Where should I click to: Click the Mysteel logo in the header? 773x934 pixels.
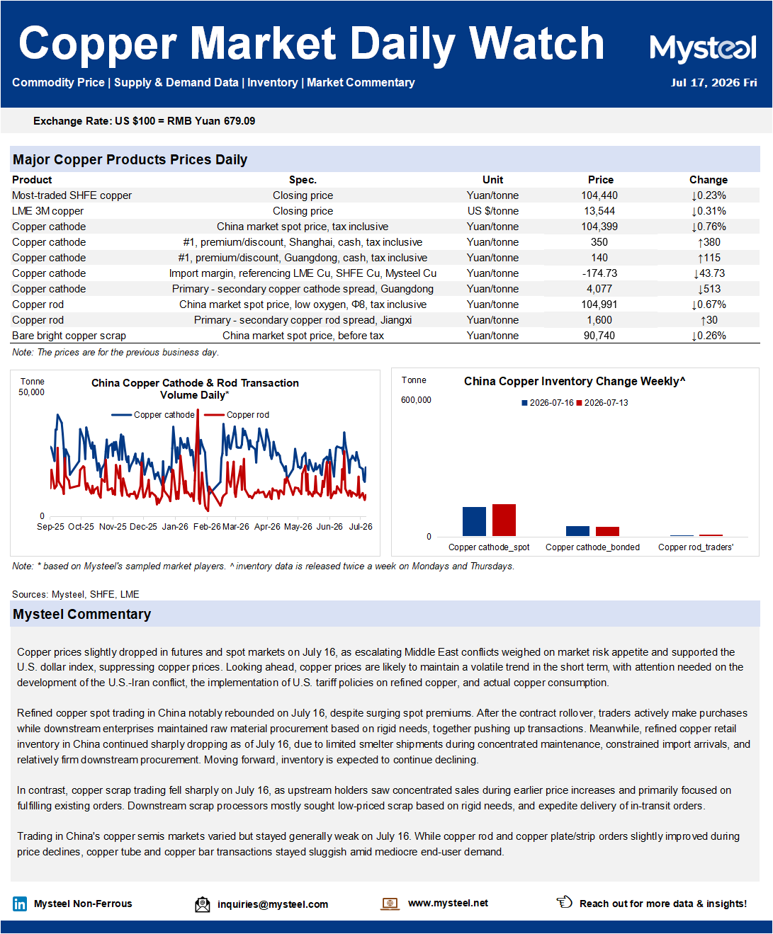pyautogui.click(x=703, y=49)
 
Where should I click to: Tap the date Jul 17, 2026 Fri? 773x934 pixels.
pyautogui.click(x=713, y=83)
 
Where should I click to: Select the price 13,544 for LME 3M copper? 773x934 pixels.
pyautogui.click(x=599, y=211)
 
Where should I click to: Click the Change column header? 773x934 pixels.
pyautogui.click(x=708, y=180)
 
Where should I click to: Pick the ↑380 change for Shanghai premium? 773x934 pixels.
pyautogui.click(x=709, y=242)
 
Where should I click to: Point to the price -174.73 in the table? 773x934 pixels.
pyautogui.click(x=599, y=273)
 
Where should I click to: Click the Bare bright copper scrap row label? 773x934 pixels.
pyautogui.click(x=69, y=336)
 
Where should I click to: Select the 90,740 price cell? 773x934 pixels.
pyautogui.click(x=599, y=336)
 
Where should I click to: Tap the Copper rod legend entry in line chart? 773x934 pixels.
pyautogui.click(x=237, y=415)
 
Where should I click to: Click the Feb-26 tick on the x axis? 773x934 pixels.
pyautogui.click(x=207, y=527)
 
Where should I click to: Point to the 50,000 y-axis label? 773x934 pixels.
pyautogui.click(x=31, y=392)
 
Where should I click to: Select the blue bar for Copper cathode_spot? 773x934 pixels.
pyautogui.click(x=474, y=521)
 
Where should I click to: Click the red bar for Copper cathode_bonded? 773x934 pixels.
pyautogui.click(x=607, y=531)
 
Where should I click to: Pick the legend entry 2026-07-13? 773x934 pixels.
pyautogui.click(x=602, y=403)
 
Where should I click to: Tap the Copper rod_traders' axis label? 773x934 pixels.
pyautogui.click(x=696, y=547)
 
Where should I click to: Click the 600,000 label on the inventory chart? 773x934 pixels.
pyautogui.click(x=416, y=400)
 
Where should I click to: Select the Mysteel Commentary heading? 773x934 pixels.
pyautogui.click(x=82, y=614)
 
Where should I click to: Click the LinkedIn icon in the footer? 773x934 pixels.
pyautogui.click(x=20, y=904)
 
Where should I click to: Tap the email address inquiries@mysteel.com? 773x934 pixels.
pyautogui.click(x=273, y=904)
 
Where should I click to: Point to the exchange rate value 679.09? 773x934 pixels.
pyautogui.click(x=239, y=121)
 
